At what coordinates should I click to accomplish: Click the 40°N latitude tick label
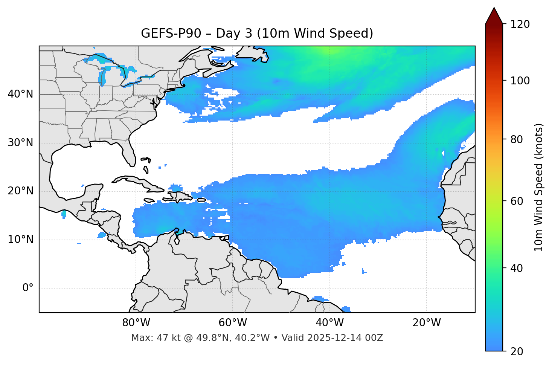(20, 94)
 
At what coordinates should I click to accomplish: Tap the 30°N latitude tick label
(20, 143)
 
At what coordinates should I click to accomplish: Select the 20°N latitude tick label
(20, 191)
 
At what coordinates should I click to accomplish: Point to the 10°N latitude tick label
(20, 240)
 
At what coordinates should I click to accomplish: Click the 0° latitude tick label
(28, 288)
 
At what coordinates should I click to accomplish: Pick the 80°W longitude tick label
(136, 323)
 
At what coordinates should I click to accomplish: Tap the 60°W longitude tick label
(233, 323)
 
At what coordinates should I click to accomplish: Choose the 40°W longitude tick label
(330, 323)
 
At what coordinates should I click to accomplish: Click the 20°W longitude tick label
(427, 323)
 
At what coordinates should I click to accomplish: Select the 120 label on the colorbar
(520, 24)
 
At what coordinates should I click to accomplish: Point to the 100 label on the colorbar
(520, 81)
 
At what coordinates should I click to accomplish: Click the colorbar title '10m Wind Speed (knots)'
(539, 187)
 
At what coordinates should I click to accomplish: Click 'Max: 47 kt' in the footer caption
(150, 338)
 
